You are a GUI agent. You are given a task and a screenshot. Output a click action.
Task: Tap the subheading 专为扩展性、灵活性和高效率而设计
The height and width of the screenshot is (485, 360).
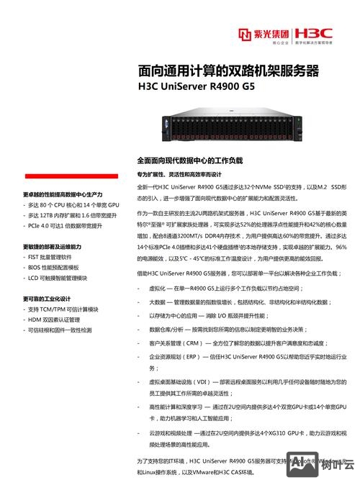179,174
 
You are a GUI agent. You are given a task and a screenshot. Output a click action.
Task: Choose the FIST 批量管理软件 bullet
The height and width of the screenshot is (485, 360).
49,257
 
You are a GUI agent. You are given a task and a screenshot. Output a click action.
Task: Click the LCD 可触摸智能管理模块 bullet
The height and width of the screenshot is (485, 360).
58,277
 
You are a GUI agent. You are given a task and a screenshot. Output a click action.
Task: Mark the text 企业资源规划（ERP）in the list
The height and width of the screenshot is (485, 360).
176,356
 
